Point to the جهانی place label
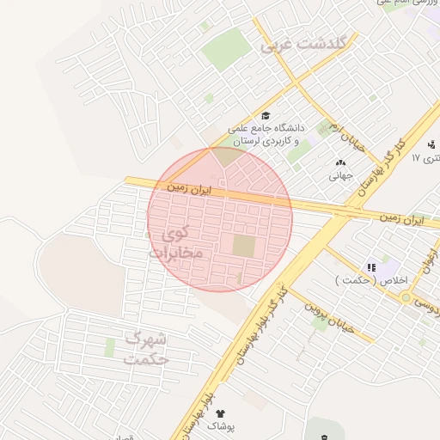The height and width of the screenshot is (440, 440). [340, 175]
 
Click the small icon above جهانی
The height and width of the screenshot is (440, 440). [340, 162]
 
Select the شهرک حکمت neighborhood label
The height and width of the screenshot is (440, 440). [145, 347]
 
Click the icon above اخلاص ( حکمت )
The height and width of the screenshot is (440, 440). [371, 267]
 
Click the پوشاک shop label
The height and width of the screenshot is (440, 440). [220, 426]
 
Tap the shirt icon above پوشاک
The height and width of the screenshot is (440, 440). [220, 413]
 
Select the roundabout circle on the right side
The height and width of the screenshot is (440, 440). [405, 296]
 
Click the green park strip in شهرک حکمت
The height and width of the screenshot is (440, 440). [110, 348]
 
